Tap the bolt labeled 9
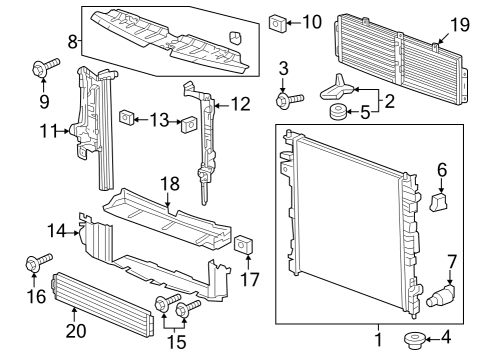[41, 69]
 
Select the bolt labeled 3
[291, 100]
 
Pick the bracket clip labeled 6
[438, 203]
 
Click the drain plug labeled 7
[441, 296]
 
